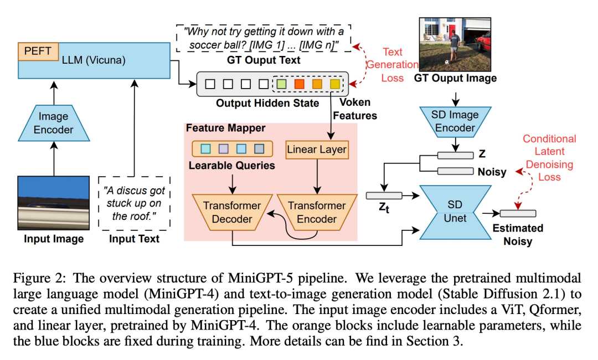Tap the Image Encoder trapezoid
(x=54, y=123)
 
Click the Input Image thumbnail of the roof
(x=53, y=203)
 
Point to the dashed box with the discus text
(x=134, y=203)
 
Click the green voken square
(x=281, y=85)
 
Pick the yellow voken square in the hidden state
(x=335, y=85)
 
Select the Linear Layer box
(x=317, y=150)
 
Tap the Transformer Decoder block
(x=232, y=212)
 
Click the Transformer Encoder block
(x=317, y=212)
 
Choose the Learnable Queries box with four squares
(x=232, y=148)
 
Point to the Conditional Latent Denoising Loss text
(x=549, y=158)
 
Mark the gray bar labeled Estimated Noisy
(x=517, y=213)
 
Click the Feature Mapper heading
(x=225, y=128)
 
